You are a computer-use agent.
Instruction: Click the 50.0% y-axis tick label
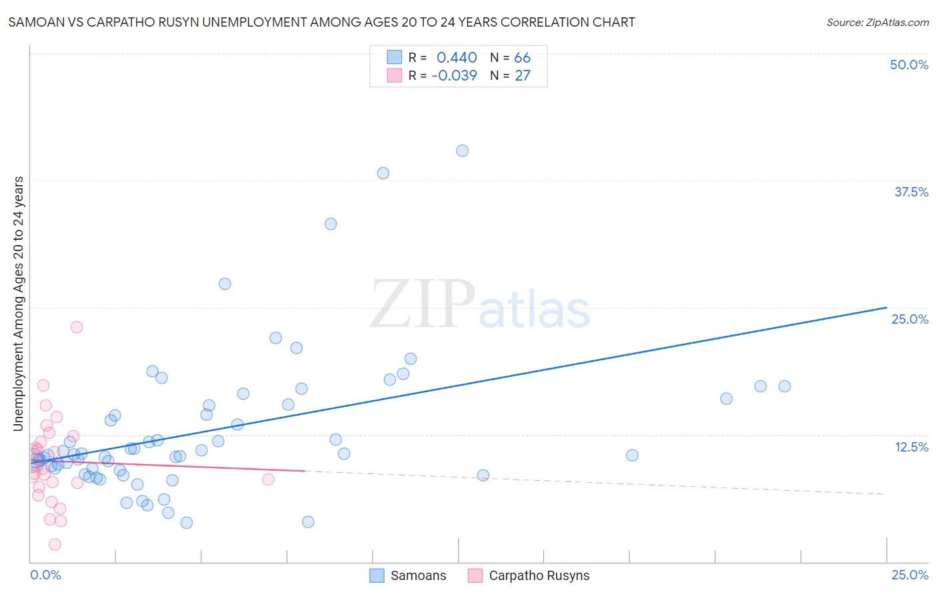(909, 65)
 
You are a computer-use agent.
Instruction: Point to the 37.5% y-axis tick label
(911, 192)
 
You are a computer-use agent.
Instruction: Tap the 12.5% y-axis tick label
(911, 447)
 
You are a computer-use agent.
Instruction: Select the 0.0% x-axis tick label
(45, 575)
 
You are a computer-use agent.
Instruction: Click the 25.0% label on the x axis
(910, 575)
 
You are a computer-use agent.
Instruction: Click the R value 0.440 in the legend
(457, 58)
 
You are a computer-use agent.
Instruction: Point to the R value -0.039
(455, 76)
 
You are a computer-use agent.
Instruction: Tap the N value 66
(522, 58)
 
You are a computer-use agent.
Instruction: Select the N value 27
(522, 76)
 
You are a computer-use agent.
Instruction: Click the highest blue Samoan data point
(462, 150)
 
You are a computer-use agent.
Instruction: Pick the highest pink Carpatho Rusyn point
(77, 327)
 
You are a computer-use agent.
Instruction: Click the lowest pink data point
(55, 544)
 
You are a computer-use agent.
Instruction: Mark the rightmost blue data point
(784, 386)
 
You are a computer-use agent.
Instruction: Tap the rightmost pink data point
(268, 479)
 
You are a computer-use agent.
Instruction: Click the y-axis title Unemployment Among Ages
(18, 304)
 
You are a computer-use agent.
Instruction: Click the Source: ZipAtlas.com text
(877, 23)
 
